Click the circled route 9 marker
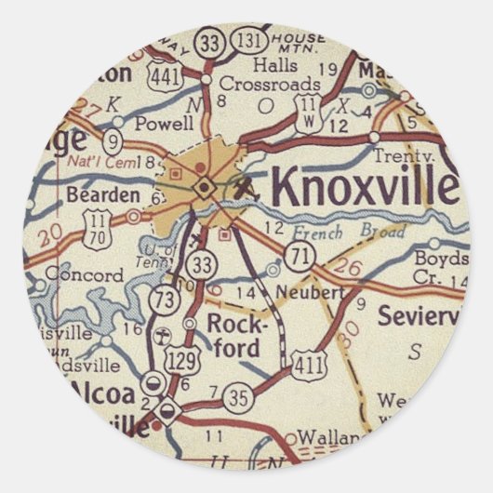113,142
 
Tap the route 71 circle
299,259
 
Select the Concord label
84,276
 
